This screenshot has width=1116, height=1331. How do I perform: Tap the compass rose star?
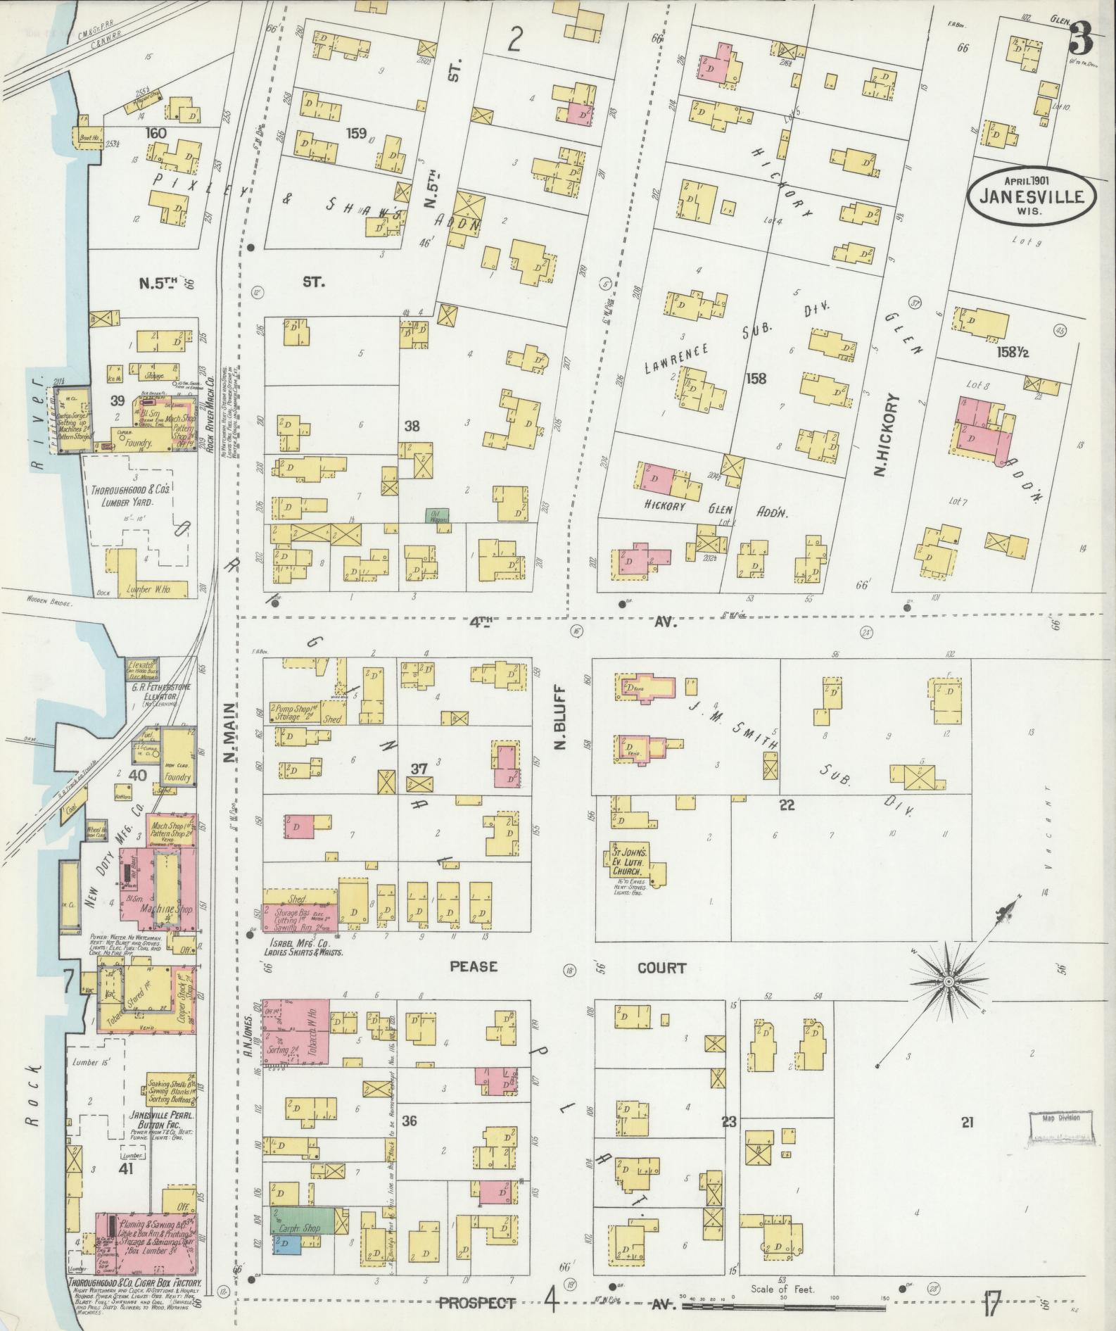[948, 981]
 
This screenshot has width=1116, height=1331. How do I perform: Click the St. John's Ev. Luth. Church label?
[625, 861]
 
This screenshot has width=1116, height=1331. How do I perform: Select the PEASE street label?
[474, 966]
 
